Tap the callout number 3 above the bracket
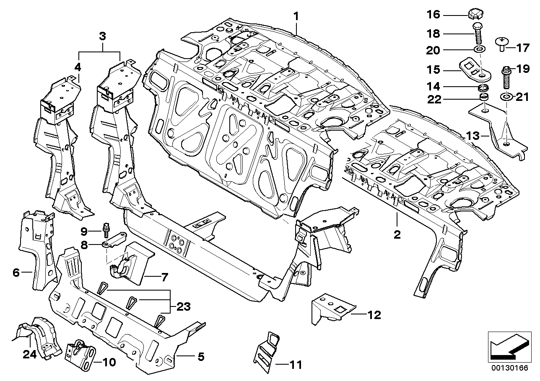[102, 36]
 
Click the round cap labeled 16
[473, 15]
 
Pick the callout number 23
[184, 307]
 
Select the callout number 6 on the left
[16, 273]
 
